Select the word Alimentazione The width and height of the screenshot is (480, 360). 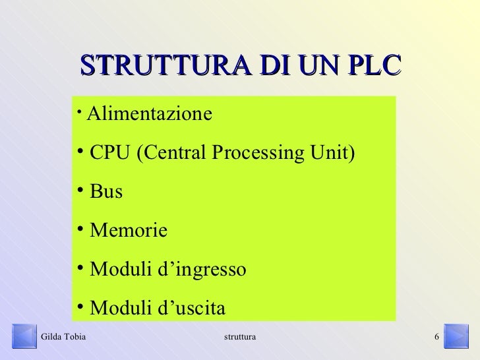(150, 114)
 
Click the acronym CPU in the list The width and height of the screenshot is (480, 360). (109, 154)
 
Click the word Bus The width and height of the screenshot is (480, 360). (105, 193)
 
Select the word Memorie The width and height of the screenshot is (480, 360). (128, 231)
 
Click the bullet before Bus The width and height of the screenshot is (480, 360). (79, 191)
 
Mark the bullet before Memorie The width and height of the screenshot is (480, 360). (79, 229)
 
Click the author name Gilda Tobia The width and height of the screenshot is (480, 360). (63, 338)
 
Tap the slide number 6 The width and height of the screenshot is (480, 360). (436, 338)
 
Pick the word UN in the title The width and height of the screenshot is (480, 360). (316, 67)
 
